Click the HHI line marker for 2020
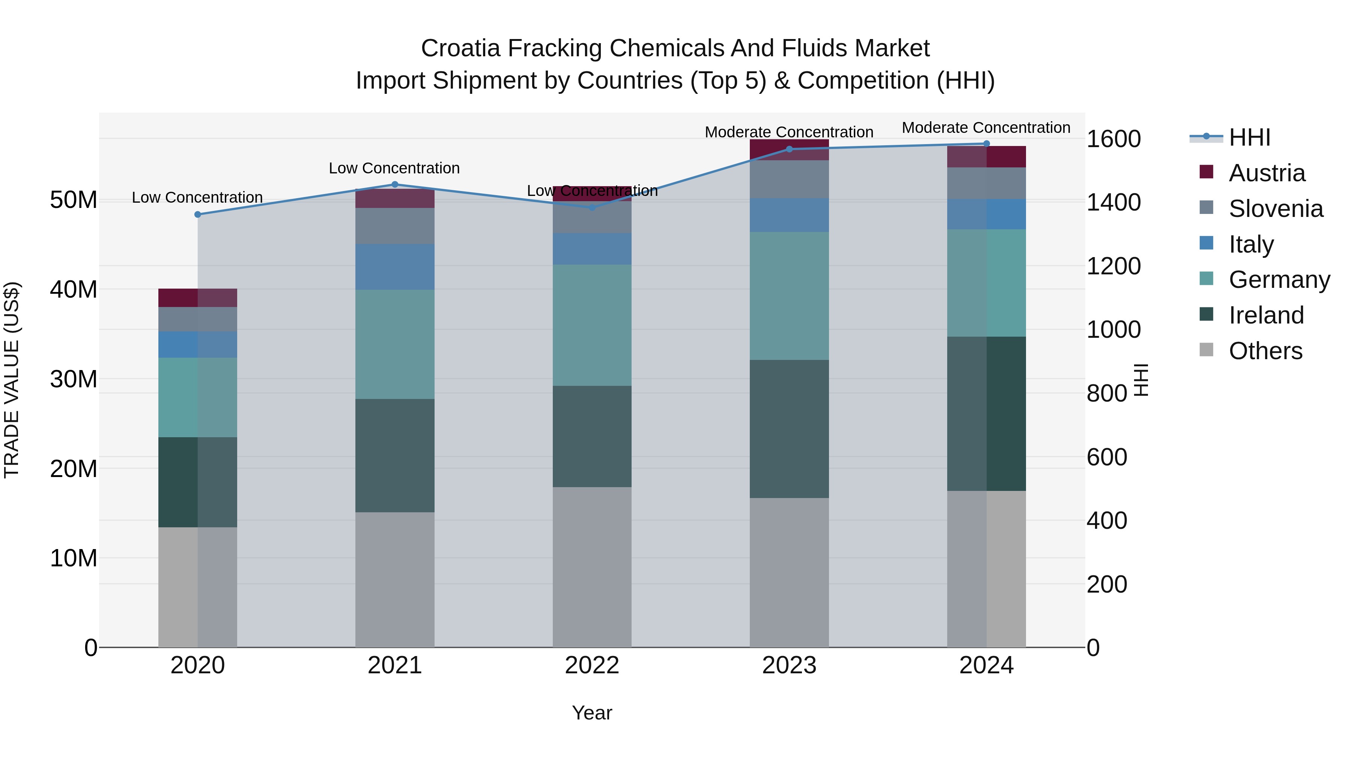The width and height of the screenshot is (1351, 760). tap(198, 215)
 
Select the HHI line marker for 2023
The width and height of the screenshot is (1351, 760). tap(789, 149)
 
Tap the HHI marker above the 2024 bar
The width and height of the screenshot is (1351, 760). tap(987, 144)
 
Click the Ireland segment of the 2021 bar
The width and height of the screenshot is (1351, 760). tap(395, 455)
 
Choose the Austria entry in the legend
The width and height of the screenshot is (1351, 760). tap(1267, 173)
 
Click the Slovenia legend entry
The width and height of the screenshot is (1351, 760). tap(1276, 209)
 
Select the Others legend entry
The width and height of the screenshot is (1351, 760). tap(1265, 351)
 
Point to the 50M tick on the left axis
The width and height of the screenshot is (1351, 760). tap(74, 200)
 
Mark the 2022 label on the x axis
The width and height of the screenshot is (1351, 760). tap(592, 665)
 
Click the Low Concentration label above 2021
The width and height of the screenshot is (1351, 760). tap(394, 169)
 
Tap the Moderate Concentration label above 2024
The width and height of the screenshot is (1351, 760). tap(986, 128)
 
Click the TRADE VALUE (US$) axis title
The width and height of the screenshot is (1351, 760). tap(12, 380)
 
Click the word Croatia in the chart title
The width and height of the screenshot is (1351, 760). tap(460, 48)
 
